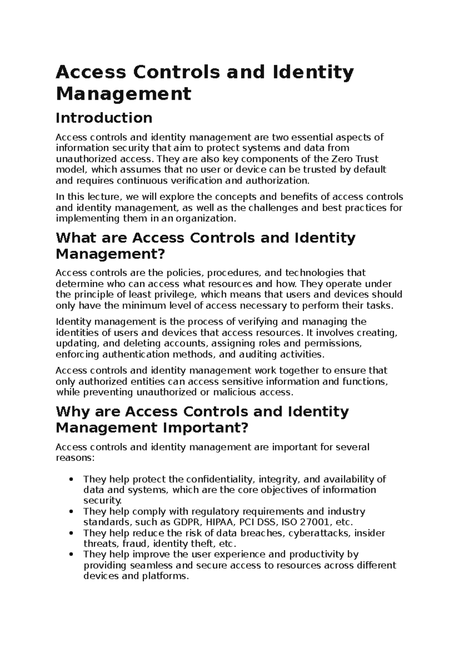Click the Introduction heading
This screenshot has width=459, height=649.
pos(104,118)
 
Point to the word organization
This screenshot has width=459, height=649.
pos(209,219)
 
